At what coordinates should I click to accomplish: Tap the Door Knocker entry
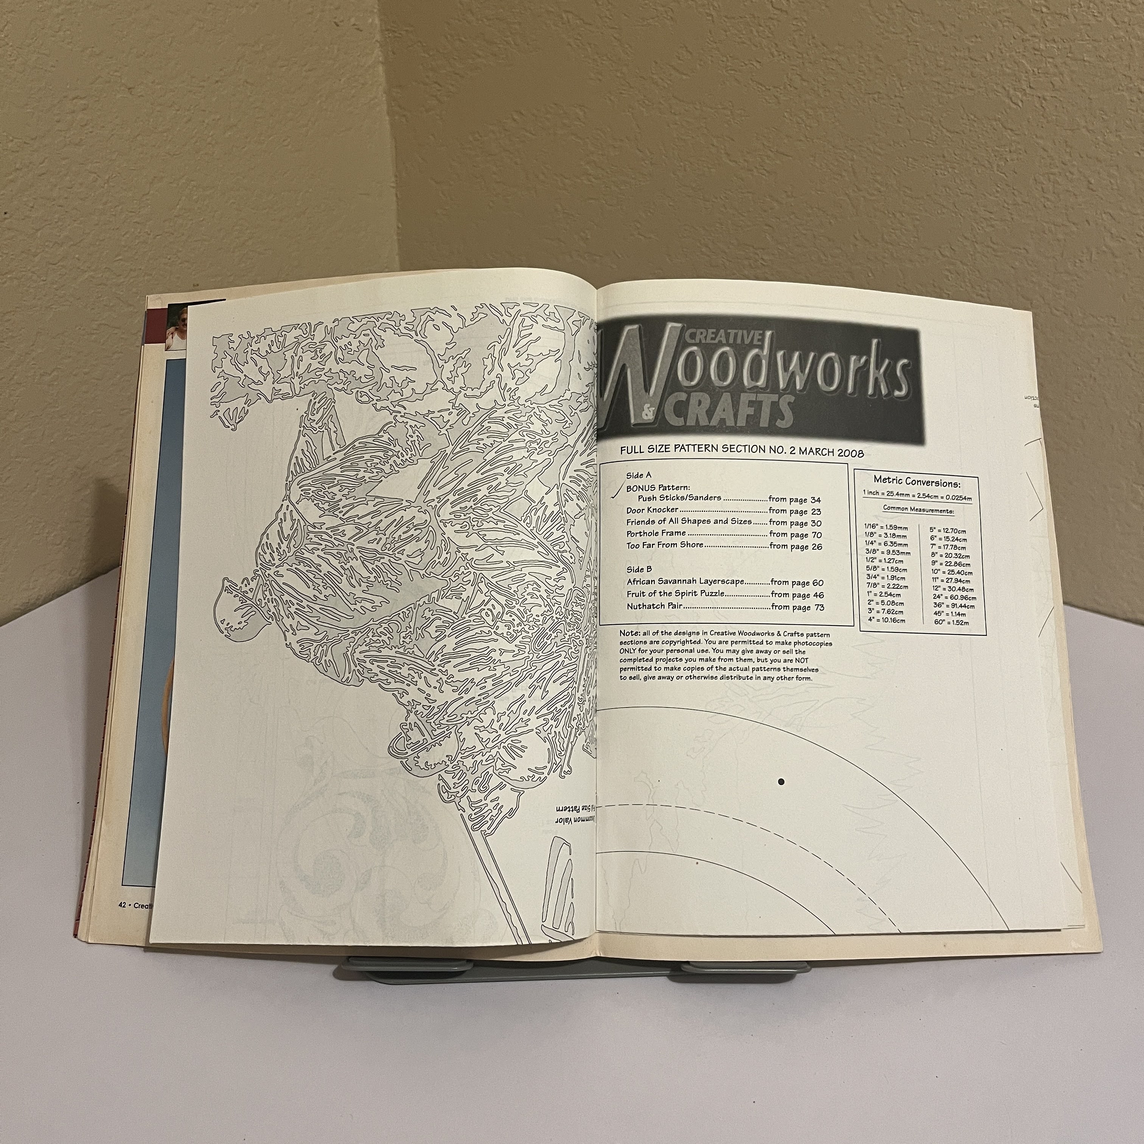(652, 510)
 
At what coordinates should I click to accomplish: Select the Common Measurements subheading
(918, 509)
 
